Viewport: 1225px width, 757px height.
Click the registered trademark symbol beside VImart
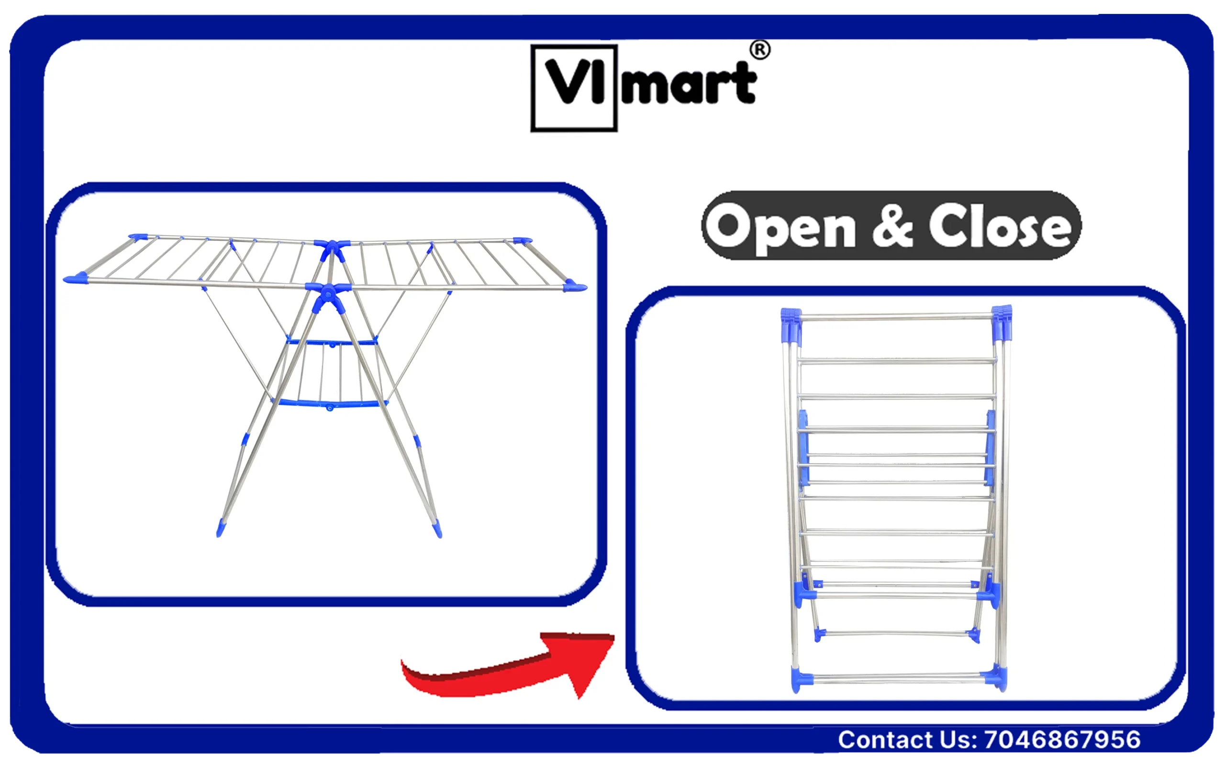pyautogui.click(x=759, y=50)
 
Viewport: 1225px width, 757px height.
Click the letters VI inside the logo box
pyautogui.click(x=575, y=82)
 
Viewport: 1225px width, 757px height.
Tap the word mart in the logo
pyautogui.click(x=688, y=83)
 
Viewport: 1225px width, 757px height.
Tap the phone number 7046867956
pyautogui.click(x=1062, y=739)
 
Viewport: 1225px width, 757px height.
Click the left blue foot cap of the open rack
pyautogui.click(x=221, y=528)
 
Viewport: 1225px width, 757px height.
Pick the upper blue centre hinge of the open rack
pyautogui.click(x=332, y=249)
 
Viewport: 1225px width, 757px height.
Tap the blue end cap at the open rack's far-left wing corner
pyautogui.click(x=76, y=278)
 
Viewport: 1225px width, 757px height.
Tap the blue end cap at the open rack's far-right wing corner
pyautogui.click(x=574, y=286)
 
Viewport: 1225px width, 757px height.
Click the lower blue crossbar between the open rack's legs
pyautogui.click(x=329, y=403)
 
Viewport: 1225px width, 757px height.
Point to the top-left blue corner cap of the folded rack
pyautogui.click(x=791, y=325)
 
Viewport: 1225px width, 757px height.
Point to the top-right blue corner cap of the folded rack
pyautogui.click(x=1002, y=323)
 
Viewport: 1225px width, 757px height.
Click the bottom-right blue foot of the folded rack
pyautogui.click(x=995, y=677)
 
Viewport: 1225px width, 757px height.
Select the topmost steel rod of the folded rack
pyautogui.click(x=897, y=317)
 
